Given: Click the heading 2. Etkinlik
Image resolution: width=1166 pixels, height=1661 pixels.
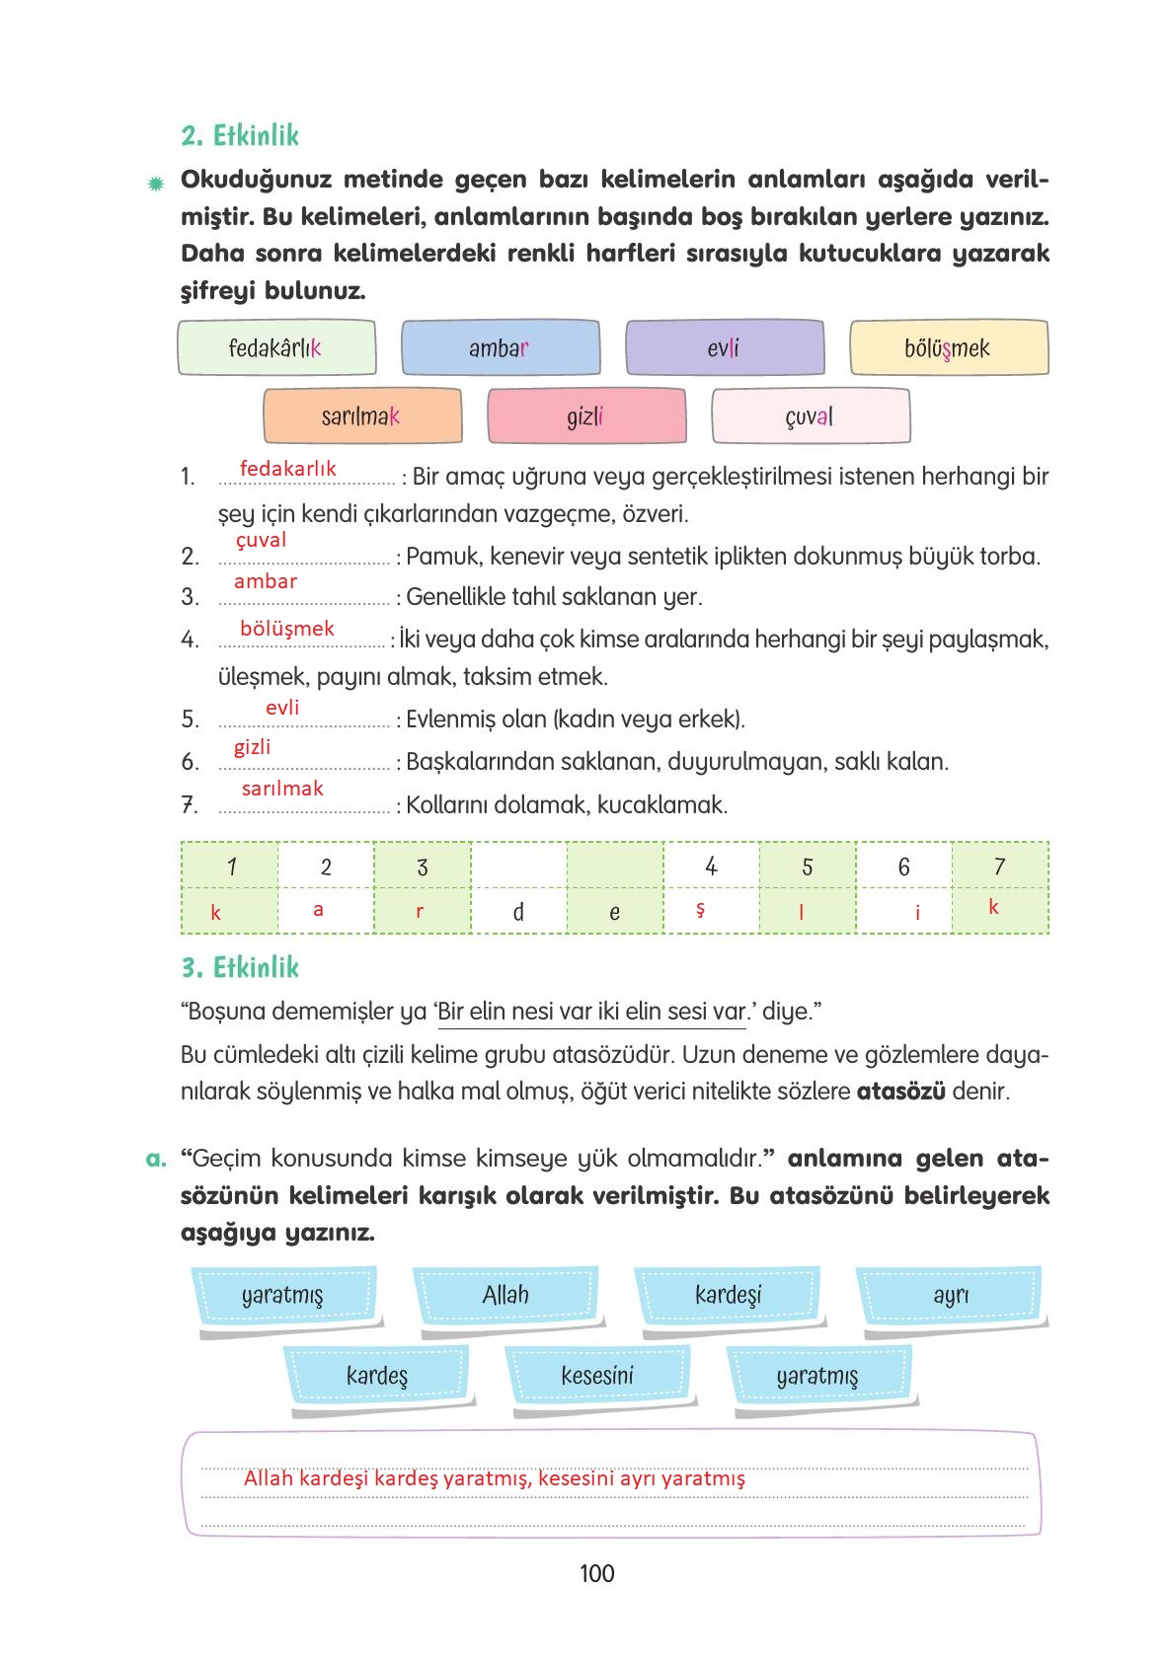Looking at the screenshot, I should point(240,136).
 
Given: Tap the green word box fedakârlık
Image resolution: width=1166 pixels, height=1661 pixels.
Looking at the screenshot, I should point(276,348).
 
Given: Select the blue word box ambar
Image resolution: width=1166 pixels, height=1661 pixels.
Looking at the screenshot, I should point(500,348).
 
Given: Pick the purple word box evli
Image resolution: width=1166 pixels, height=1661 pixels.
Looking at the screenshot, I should point(724,348).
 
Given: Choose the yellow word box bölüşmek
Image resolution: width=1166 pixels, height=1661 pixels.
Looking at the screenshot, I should point(948,348).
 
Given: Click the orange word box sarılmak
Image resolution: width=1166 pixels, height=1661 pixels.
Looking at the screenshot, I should point(361,416).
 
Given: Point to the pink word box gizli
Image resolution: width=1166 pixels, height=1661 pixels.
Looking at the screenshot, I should point(585,416).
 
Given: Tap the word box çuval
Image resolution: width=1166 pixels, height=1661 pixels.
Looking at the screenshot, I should point(810,416).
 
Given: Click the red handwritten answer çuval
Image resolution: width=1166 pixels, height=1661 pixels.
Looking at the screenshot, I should point(262,540).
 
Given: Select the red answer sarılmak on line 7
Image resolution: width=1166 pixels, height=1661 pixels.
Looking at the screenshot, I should point(282,789).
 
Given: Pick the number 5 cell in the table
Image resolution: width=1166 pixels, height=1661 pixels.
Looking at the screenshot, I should point(807,867).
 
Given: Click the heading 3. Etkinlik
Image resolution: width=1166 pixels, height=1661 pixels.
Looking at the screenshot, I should point(240,967).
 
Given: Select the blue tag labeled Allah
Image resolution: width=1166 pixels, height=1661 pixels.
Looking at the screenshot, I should point(505,1295).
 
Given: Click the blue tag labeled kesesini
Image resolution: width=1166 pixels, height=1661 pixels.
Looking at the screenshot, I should point(596,1376).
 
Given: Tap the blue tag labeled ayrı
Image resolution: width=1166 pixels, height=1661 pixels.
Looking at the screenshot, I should point(951,1295).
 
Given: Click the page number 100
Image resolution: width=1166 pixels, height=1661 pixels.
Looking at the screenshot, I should point(597,1573).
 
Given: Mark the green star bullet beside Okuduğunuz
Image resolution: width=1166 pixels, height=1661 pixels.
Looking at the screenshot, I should point(155,184).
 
